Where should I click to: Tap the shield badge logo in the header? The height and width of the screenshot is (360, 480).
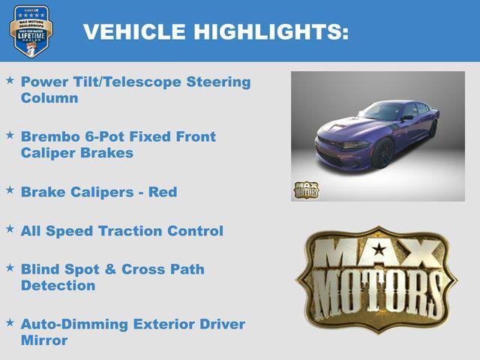pos(31,31)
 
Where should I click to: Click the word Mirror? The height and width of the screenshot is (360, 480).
pos(44,340)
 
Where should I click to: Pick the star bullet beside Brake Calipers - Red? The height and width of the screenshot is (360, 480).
pos(10,190)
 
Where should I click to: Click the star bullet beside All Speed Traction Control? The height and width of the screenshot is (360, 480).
pos(10,229)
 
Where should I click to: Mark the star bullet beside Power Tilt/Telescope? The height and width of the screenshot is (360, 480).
pos(10,79)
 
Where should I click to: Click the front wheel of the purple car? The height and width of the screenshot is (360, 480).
pos(383,154)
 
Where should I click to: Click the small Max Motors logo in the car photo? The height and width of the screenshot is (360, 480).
pos(305,190)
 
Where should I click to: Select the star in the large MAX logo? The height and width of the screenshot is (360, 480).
pos(379,250)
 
